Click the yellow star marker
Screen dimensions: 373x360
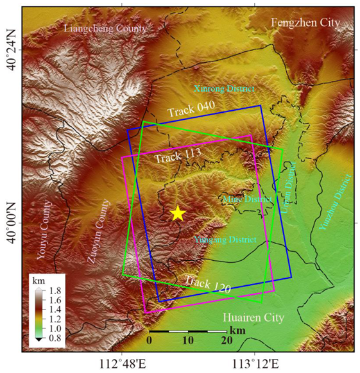point(178,213)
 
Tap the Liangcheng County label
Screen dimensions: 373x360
point(105,29)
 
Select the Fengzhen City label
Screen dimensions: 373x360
point(305,23)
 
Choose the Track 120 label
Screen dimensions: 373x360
point(207,284)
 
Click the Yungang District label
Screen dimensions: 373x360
point(225,240)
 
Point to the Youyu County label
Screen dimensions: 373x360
point(47,226)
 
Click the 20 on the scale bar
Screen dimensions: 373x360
point(226,340)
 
